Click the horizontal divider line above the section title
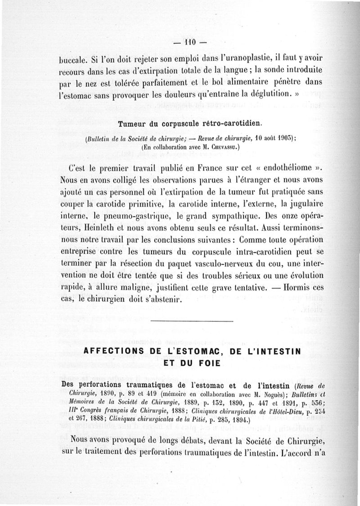point(193,321)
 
